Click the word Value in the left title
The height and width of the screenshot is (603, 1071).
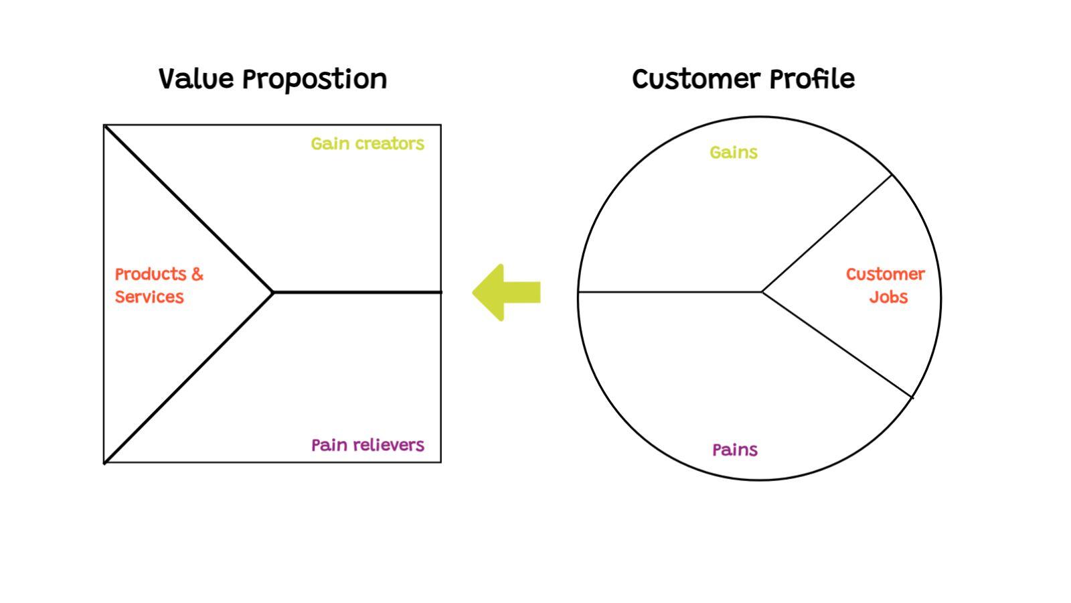pos(196,79)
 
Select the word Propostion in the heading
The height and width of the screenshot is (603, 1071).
pos(314,80)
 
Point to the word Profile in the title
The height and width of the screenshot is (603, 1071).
pos(811,79)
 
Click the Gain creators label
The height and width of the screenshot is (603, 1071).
pos(367,143)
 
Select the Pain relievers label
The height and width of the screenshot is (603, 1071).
pos(367,445)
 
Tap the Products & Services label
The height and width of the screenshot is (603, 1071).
pos(158,285)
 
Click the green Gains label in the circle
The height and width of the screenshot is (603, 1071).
pos(734,153)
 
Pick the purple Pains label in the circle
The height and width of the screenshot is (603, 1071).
pos(734,450)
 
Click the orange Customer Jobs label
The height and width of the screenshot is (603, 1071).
pos(885,285)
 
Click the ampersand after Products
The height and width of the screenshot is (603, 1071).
pos(197,274)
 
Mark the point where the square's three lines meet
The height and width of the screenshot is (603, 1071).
pos(273,292)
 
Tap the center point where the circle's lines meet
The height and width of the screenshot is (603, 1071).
pos(762,292)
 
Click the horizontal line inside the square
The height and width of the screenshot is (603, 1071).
pos(358,292)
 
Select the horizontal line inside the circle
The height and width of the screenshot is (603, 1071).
pos(669,292)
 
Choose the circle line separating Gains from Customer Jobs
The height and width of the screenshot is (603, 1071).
pos(827,233)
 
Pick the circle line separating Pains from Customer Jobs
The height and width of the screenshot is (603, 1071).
pos(837,345)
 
